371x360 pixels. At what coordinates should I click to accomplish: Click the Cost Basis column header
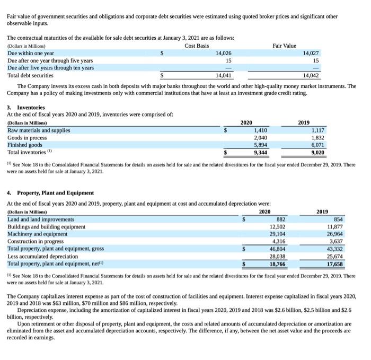tap(197, 46)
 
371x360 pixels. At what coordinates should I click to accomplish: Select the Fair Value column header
tap(285, 46)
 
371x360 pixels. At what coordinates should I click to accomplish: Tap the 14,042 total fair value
tap(310, 75)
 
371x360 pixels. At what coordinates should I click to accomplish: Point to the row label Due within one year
tap(31, 53)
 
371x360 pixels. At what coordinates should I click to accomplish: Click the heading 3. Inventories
tap(26, 107)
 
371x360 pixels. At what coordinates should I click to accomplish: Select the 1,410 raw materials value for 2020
tap(260, 130)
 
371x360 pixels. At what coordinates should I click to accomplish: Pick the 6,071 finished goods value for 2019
tap(316, 145)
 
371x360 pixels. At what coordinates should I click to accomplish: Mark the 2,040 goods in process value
tap(260, 137)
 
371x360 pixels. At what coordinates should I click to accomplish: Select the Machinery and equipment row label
tap(38, 234)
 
